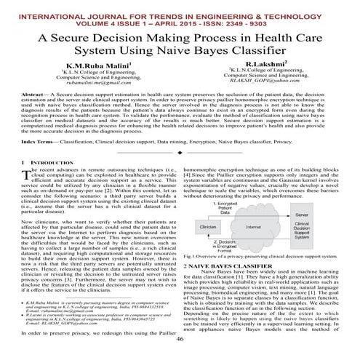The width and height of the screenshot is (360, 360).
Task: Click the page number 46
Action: tap(180, 339)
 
